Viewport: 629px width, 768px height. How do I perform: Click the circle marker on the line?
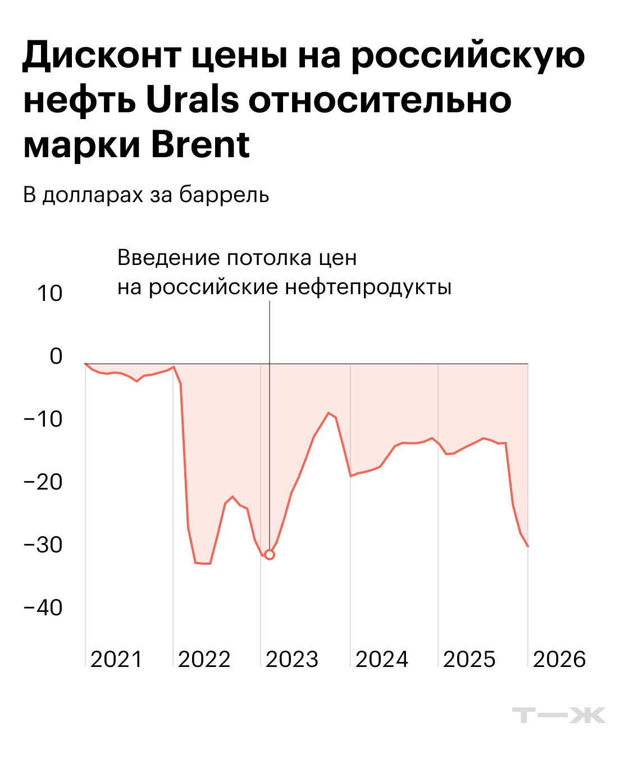pyautogui.click(x=270, y=555)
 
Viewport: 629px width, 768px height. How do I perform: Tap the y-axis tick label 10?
pyautogui.click(x=49, y=294)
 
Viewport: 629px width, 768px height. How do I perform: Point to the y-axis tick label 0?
pyautogui.click(x=56, y=356)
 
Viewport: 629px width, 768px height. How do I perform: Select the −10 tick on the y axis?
pyautogui.click(x=43, y=419)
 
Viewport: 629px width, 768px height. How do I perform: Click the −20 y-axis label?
pyautogui.click(x=43, y=482)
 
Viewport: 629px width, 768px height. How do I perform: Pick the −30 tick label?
pyautogui.click(x=43, y=545)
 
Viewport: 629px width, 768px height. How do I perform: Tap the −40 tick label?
pyautogui.click(x=43, y=608)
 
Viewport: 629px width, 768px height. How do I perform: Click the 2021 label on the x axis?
pyautogui.click(x=117, y=659)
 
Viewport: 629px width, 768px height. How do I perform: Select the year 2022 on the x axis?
pyautogui.click(x=204, y=659)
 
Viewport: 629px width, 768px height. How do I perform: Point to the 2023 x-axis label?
pyautogui.click(x=292, y=659)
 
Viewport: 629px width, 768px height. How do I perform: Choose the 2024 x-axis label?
pyautogui.click(x=382, y=659)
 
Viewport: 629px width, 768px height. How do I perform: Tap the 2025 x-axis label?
pyautogui.click(x=470, y=659)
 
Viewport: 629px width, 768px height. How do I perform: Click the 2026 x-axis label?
pyautogui.click(x=559, y=659)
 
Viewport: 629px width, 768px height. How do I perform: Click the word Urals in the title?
pyautogui.click(x=193, y=100)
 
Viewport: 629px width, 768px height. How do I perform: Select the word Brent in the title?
pyautogui.click(x=200, y=145)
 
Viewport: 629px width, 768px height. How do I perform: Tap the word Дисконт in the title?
pyautogui.click(x=102, y=56)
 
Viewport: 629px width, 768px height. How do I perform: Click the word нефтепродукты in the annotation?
pyautogui.click(x=368, y=287)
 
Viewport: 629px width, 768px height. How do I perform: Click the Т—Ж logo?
pyautogui.click(x=559, y=715)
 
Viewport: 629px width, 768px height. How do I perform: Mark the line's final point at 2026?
pyautogui.click(x=528, y=546)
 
